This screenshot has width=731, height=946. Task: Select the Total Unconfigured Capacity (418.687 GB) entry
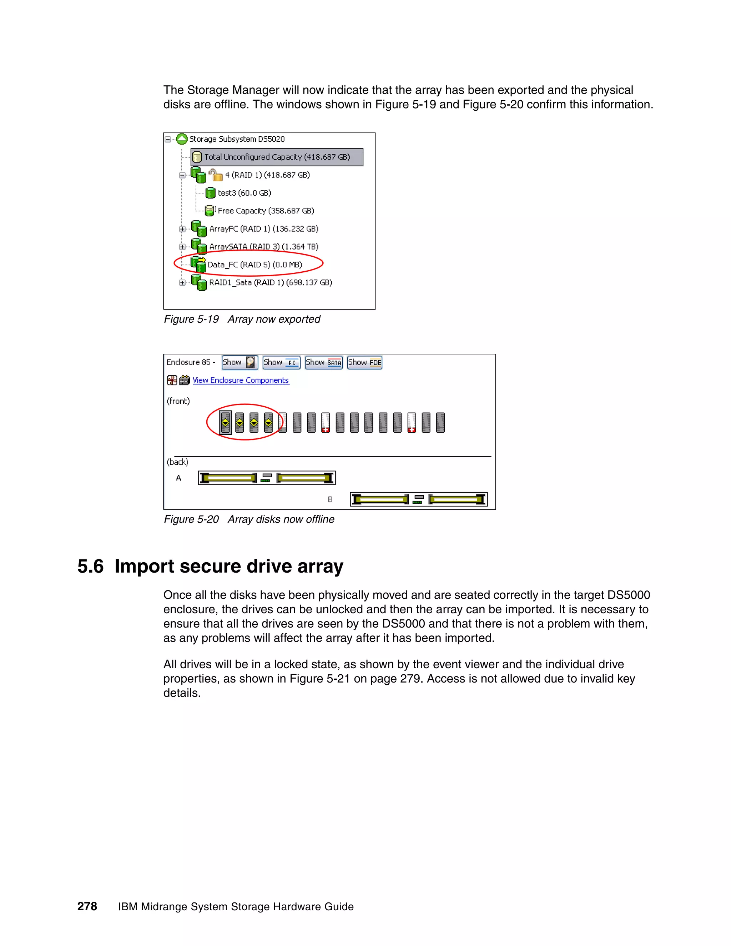click(277, 157)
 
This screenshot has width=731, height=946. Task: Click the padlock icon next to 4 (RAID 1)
click(216, 175)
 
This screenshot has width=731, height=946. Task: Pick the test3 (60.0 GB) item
click(244, 193)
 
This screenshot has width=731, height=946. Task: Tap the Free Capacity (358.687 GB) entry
click(266, 211)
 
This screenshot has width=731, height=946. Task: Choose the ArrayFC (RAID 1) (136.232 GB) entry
click(263, 229)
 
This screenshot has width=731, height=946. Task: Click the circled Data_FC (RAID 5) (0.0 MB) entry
click(254, 265)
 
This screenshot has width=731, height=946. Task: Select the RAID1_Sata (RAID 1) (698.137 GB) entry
click(270, 282)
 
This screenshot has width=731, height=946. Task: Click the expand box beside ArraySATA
click(182, 247)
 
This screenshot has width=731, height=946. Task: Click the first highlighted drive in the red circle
click(225, 422)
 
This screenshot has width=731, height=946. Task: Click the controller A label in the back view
click(178, 478)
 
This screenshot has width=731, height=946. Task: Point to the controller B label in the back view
click(330, 499)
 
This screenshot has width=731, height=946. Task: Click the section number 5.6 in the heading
click(91, 567)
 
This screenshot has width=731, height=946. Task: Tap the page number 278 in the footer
click(87, 906)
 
